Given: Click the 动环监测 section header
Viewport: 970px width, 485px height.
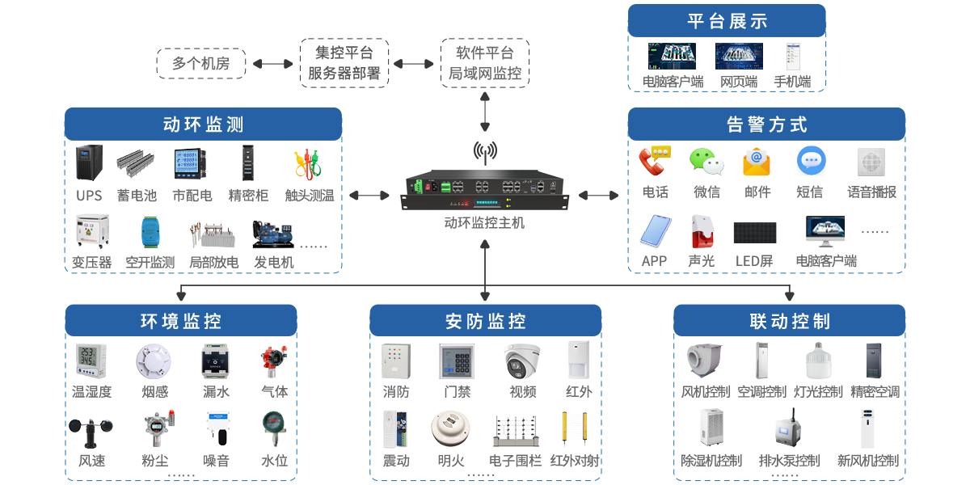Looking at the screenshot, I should point(203,124).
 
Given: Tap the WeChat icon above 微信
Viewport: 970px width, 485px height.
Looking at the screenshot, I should point(706,162).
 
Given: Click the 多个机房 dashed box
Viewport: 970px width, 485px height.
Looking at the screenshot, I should point(200,63).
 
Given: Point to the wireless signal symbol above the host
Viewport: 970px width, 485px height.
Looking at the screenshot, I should point(485,150).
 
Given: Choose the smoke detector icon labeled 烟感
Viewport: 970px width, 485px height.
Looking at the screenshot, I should point(154,361).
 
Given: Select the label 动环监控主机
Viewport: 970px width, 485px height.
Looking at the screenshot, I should point(485,222).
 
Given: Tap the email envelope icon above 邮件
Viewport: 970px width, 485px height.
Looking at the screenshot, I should point(757,162).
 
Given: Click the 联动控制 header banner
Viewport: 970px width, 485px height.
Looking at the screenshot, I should point(790,321).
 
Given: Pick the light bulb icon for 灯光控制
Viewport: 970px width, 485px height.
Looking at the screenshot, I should point(818,361).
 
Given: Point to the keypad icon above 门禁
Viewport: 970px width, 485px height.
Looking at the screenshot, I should point(457,361).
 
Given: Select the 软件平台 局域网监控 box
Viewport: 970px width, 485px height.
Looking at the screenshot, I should point(485,63).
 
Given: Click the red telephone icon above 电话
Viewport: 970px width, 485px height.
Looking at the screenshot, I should point(655,162).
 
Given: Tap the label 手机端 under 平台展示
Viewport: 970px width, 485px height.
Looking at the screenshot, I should point(792,82).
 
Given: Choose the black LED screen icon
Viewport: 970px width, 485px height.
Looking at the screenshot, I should point(755,233).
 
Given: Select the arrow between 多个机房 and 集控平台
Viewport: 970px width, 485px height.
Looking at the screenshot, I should point(272,63).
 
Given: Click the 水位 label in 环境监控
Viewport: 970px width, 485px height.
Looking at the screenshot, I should point(274,462).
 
